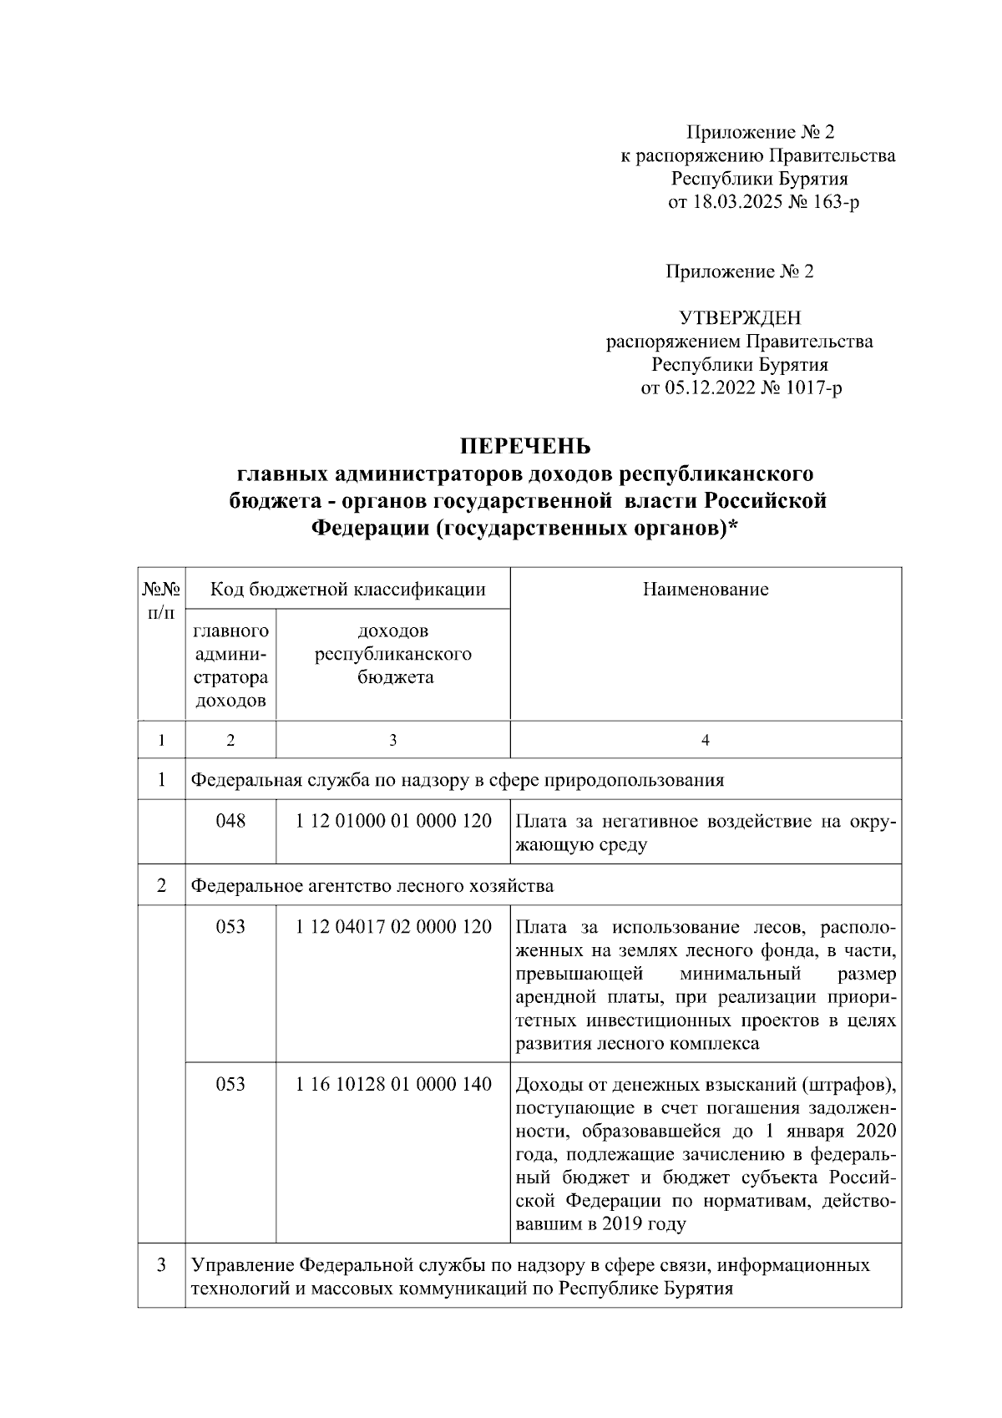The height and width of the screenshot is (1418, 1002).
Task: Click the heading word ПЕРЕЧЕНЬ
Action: pos(527,444)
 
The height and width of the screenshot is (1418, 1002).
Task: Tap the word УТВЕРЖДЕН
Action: pos(740,317)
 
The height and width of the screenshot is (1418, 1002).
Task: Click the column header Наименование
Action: pos(706,590)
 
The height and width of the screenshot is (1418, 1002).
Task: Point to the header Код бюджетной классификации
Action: pos(347,590)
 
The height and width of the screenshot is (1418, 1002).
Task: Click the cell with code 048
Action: pos(230,821)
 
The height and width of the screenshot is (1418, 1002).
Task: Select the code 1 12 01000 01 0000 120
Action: pos(393,821)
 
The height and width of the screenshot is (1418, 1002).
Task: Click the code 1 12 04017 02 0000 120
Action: pos(393,927)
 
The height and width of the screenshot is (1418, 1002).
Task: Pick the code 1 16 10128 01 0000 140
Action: pos(393,1084)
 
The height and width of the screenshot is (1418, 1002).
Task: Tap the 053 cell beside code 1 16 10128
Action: pos(230,1084)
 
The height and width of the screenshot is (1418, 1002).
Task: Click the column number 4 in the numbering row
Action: pos(706,740)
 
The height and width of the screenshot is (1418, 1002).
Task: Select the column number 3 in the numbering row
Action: pos(393,740)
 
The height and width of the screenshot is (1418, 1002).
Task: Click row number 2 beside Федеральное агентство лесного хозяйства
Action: pos(161,885)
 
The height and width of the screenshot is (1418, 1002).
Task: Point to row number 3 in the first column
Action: pos(161,1265)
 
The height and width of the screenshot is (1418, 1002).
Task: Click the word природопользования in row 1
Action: pos(635,780)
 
